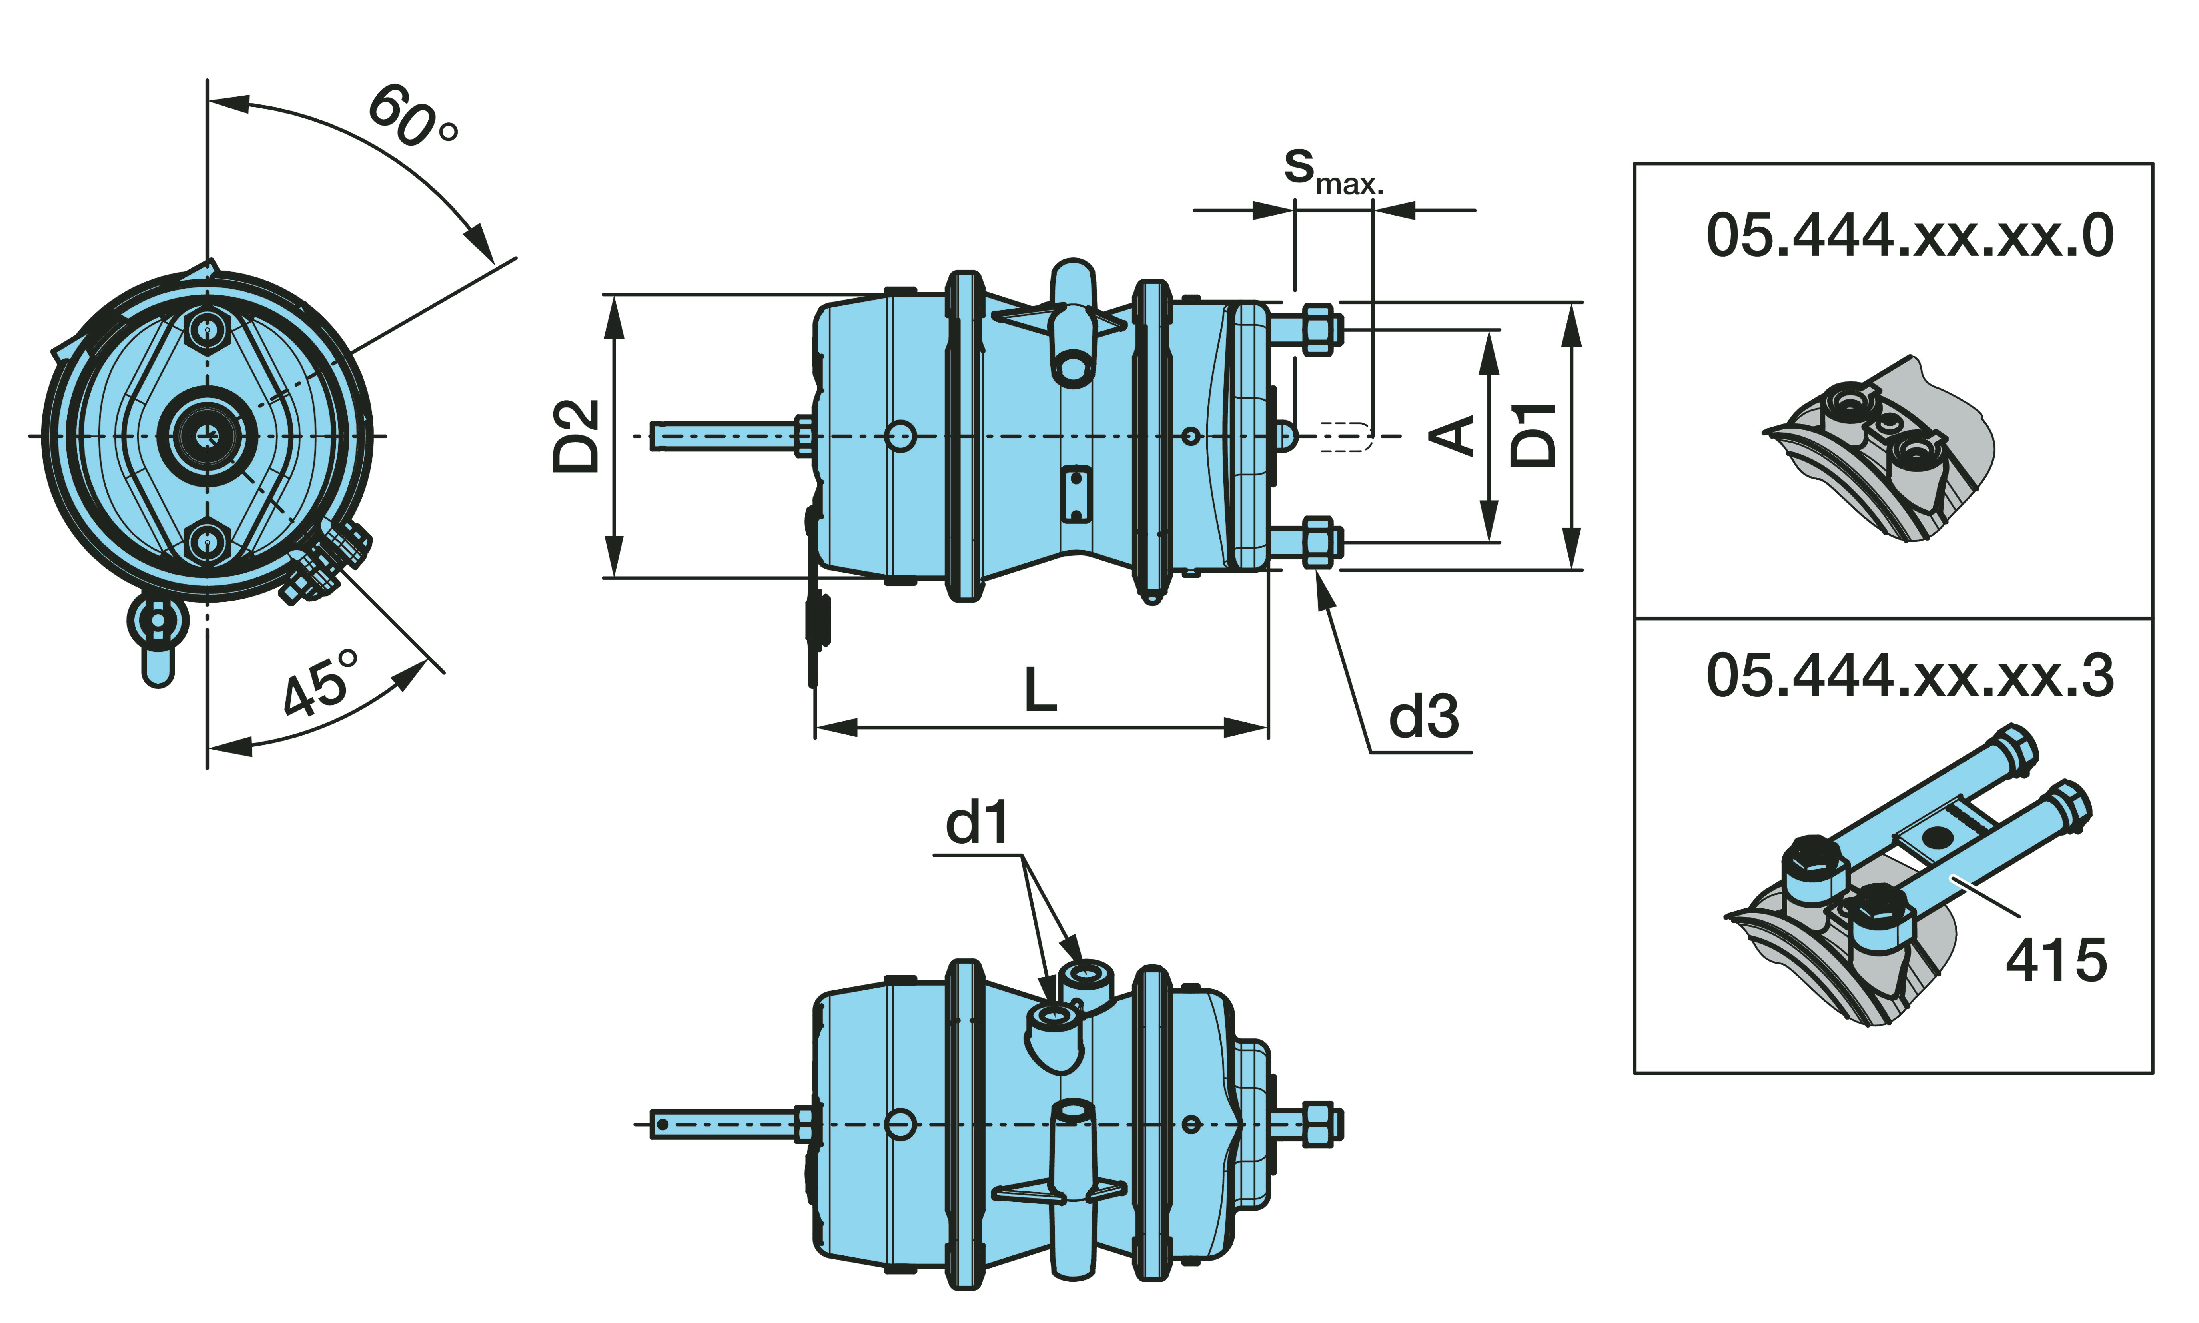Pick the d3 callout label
pyautogui.click(x=1423, y=717)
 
